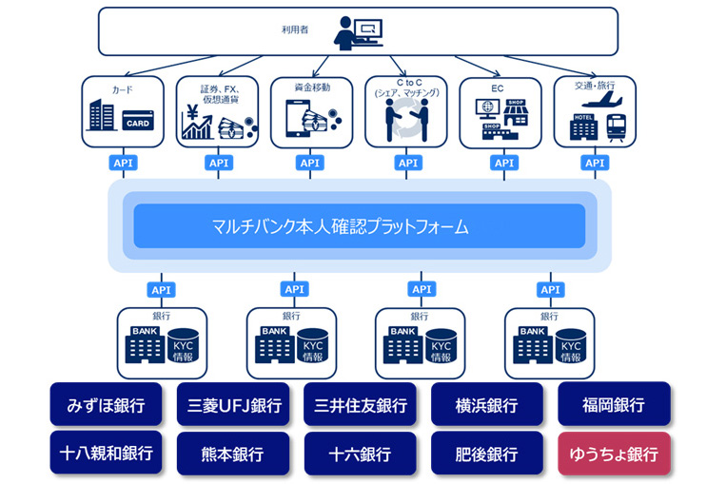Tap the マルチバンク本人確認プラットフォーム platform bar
click(x=360, y=227)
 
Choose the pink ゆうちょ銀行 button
click(x=613, y=454)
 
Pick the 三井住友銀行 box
click(x=360, y=404)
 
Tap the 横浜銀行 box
click(x=487, y=404)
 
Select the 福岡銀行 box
click(x=613, y=404)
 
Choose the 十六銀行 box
click(x=360, y=454)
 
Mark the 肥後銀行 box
click(x=487, y=454)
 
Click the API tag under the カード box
click(x=122, y=163)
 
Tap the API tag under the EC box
click(x=502, y=163)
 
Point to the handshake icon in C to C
click(x=406, y=120)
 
